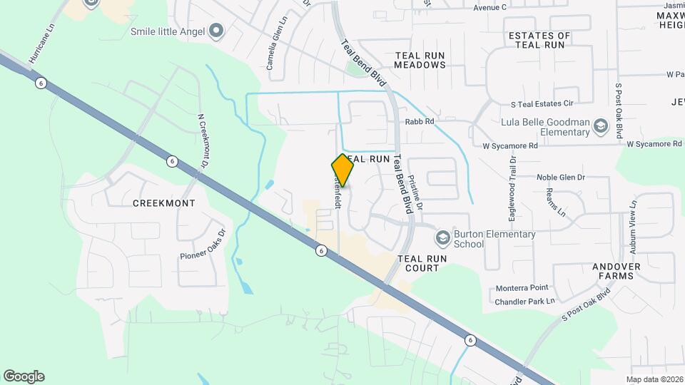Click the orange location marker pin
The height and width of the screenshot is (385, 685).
tap(342, 170)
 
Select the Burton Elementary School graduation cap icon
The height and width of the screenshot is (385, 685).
tap(442, 236)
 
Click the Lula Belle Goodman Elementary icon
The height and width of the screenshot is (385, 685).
tap(600, 127)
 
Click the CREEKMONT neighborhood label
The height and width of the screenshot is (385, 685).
tap(164, 203)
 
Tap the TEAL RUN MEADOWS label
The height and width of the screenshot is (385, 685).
tap(420, 58)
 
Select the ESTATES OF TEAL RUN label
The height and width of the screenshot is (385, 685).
tap(539, 40)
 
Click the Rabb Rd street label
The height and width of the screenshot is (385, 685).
tap(420, 122)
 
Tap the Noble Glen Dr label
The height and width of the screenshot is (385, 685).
tap(561, 177)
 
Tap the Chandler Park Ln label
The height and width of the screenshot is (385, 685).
tap(524, 302)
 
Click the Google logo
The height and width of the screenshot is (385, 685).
tap(24, 376)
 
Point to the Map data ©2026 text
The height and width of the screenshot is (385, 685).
tap(654, 379)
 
